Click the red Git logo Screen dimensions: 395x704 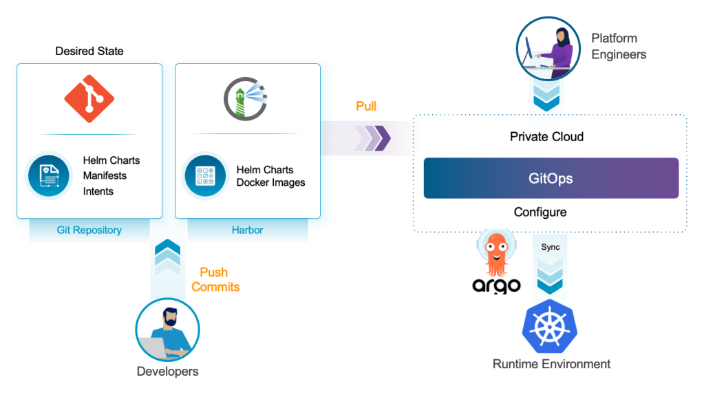(x=89, y=99)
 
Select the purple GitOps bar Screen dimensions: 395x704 (x=551, y=178)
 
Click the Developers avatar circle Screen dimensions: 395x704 (x=167, y=330)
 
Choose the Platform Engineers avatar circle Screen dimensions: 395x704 (x=544, y=46)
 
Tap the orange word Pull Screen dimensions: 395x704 (x=366, y=107)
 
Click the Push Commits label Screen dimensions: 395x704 (x=215, y=279)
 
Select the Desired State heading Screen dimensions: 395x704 (x=89, y=52)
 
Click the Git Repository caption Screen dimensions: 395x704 (x=89, y=230)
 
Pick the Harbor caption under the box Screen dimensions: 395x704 (x=247, y=230)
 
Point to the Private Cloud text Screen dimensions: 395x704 (x=546, y=136)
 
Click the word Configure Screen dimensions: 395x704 (x=540, y=212)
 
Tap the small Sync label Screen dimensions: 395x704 (x=551, y=247)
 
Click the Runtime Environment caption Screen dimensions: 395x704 (x=551, y=364)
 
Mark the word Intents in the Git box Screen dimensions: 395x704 (x=98, y=191)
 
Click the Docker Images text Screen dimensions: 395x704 (x=270, y=182)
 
